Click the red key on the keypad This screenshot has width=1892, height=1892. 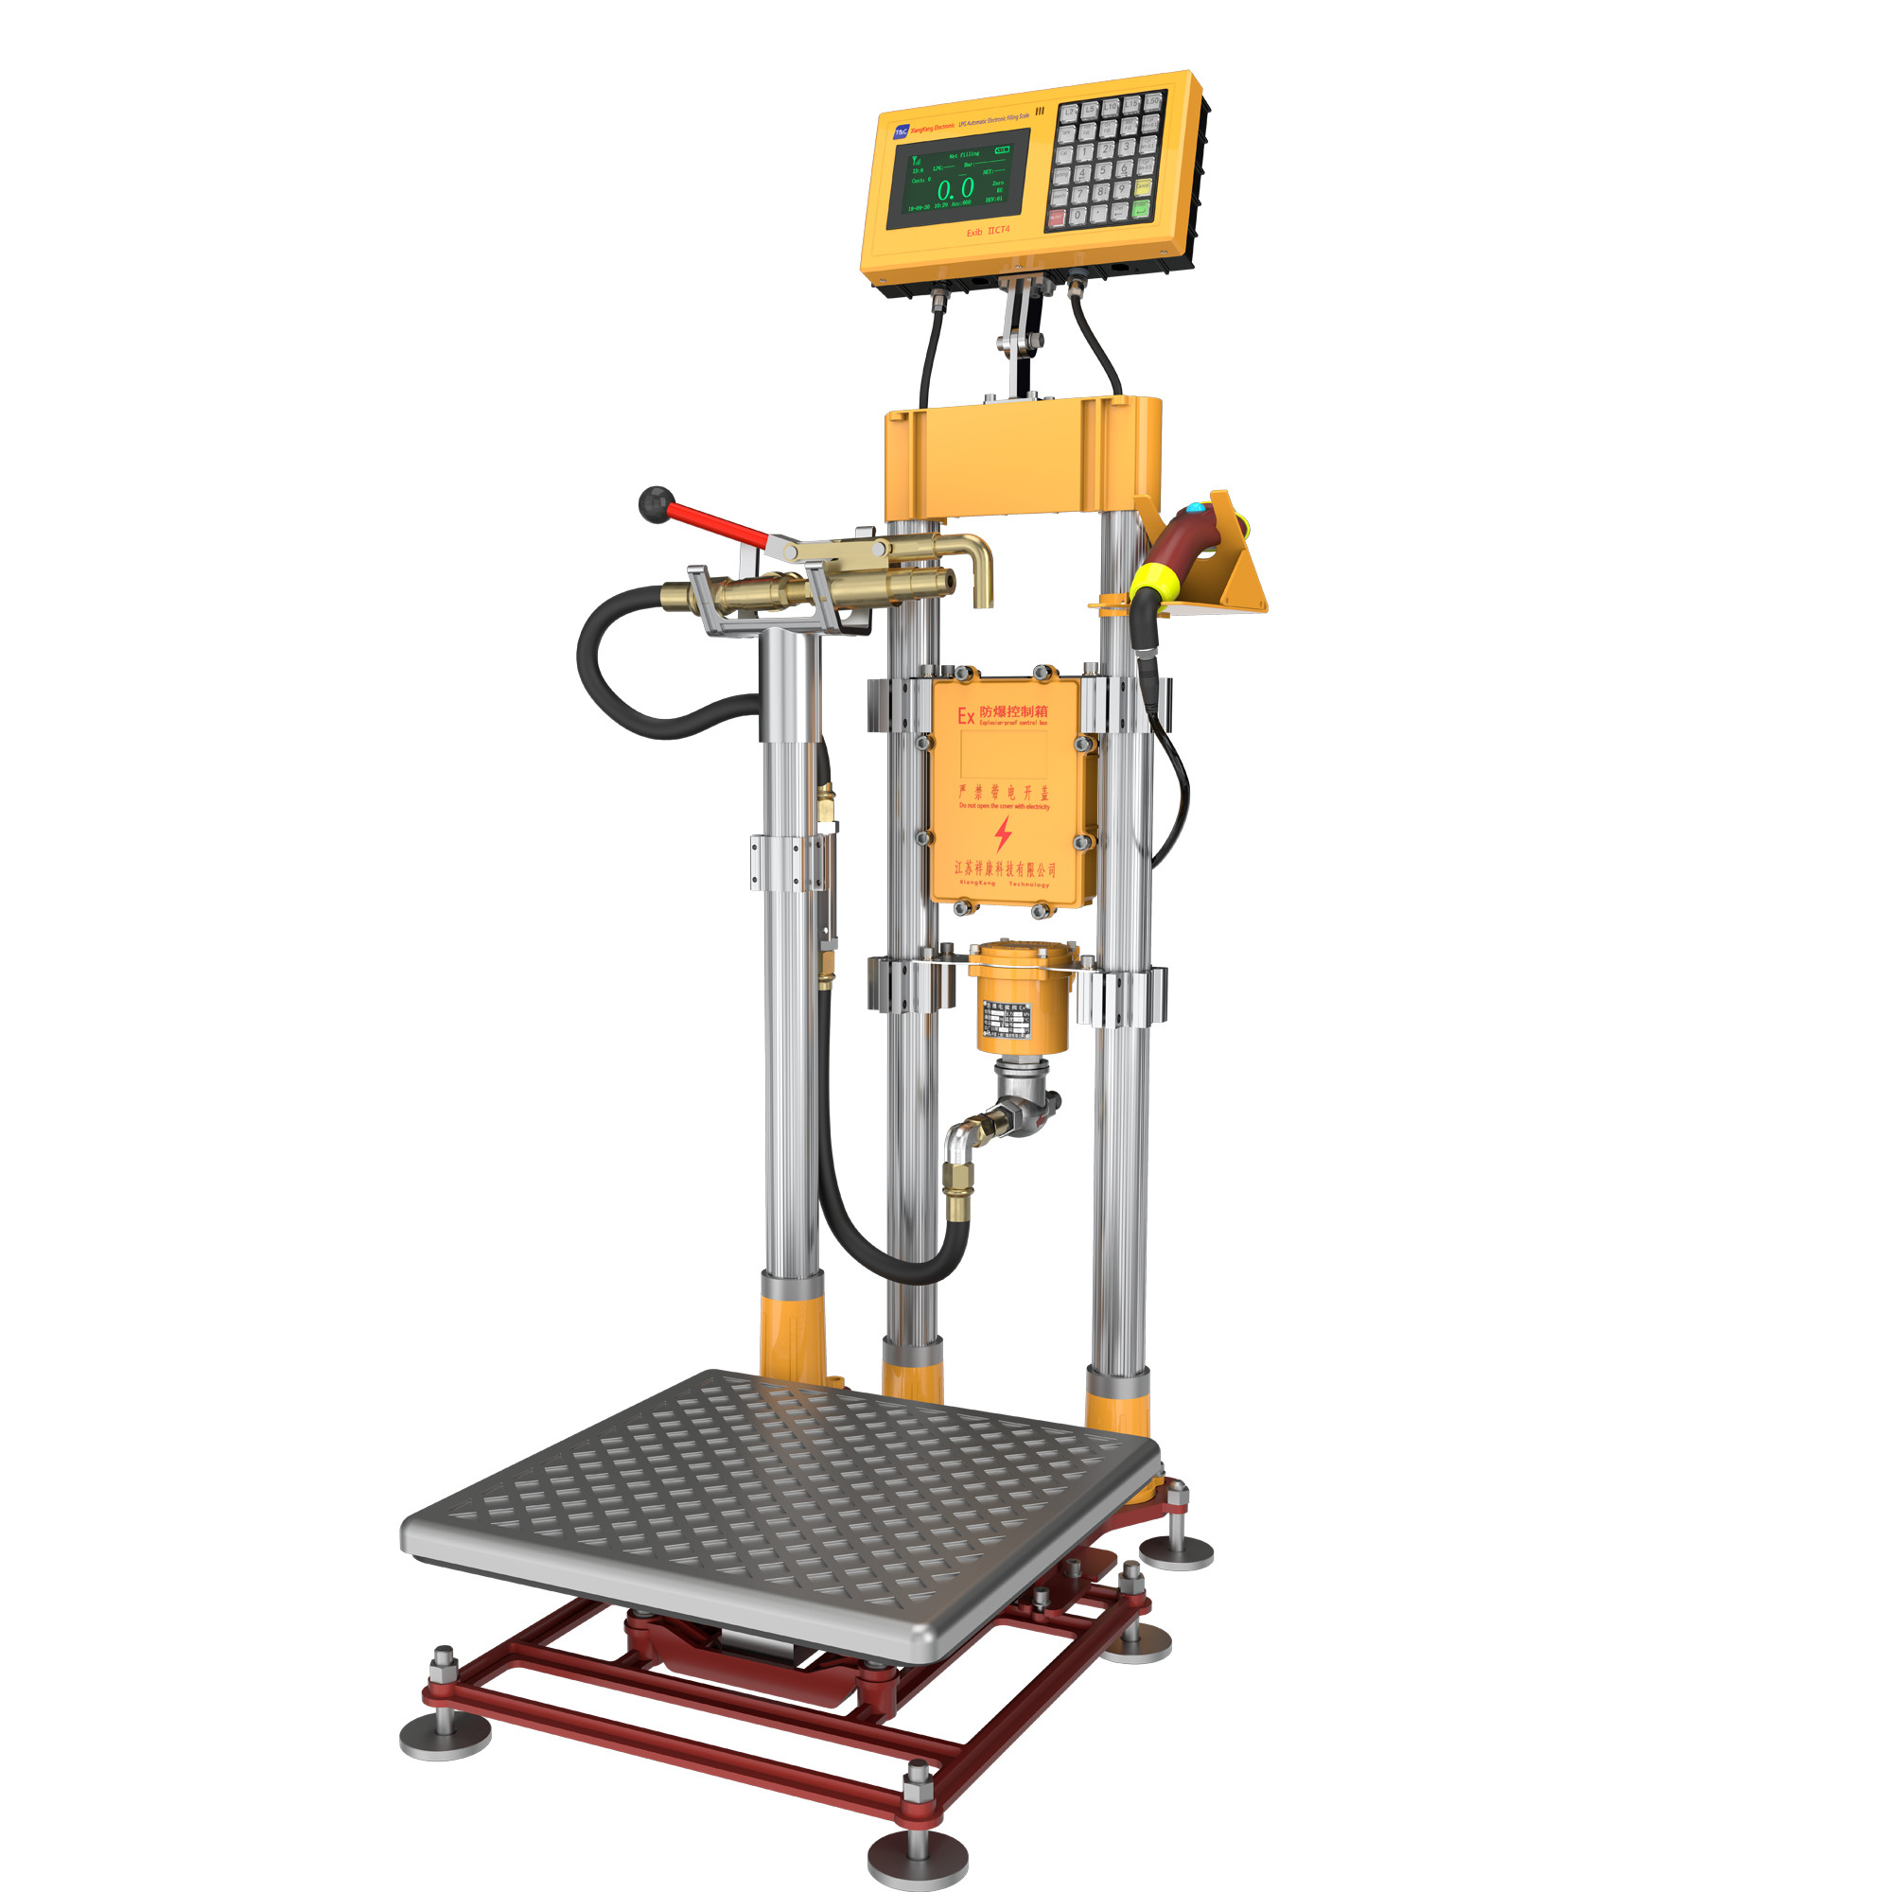(1058, 219)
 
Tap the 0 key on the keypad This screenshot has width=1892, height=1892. (1078, 216)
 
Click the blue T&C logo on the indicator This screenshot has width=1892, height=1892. (902, 132)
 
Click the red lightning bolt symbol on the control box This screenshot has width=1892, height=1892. (1003, 833)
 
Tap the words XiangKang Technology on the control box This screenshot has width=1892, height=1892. (1004, 885)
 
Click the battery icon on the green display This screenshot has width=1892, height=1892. (1003, 150)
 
